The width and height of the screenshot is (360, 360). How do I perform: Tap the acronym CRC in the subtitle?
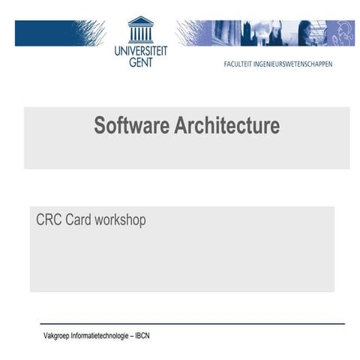coord(49,220)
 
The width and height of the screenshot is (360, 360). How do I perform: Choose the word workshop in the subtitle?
coord(120,220)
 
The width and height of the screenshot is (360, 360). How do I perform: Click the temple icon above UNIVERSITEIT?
coord(140,30)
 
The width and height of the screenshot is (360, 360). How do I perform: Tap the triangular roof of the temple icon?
coord(140,20)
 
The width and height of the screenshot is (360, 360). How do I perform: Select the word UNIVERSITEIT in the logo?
coord(141,51)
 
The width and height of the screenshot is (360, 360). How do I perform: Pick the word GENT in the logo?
coord(141,62)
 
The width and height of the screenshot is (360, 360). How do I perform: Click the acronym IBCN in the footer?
coord(142,335)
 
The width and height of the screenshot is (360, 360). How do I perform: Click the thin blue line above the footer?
coord(192,324)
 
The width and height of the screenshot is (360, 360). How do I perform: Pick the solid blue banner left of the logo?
coord(60,33)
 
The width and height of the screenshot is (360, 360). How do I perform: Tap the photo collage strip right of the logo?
coord(266,33)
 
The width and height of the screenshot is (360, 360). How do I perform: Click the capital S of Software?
coord(99,125)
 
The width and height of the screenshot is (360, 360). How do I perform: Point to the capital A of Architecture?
coord(180,125)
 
